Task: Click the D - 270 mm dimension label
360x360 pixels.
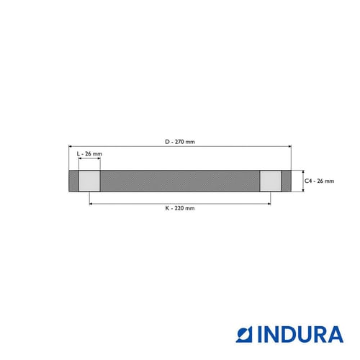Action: pos(180,142)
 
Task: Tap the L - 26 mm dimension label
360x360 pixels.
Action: pos(89,153)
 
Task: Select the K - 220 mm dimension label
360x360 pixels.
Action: pos(180,208)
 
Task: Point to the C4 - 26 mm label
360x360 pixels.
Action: pos(319,181)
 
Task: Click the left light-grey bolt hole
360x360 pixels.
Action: pos(89,181)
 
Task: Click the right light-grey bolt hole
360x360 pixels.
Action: pos(271,181)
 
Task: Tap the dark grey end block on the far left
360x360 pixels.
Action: pos(73,181)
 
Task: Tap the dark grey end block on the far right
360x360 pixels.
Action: pos(287,181)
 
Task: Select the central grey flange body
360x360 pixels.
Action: pos(180,181)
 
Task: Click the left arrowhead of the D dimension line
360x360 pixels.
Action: pos(70,146)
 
